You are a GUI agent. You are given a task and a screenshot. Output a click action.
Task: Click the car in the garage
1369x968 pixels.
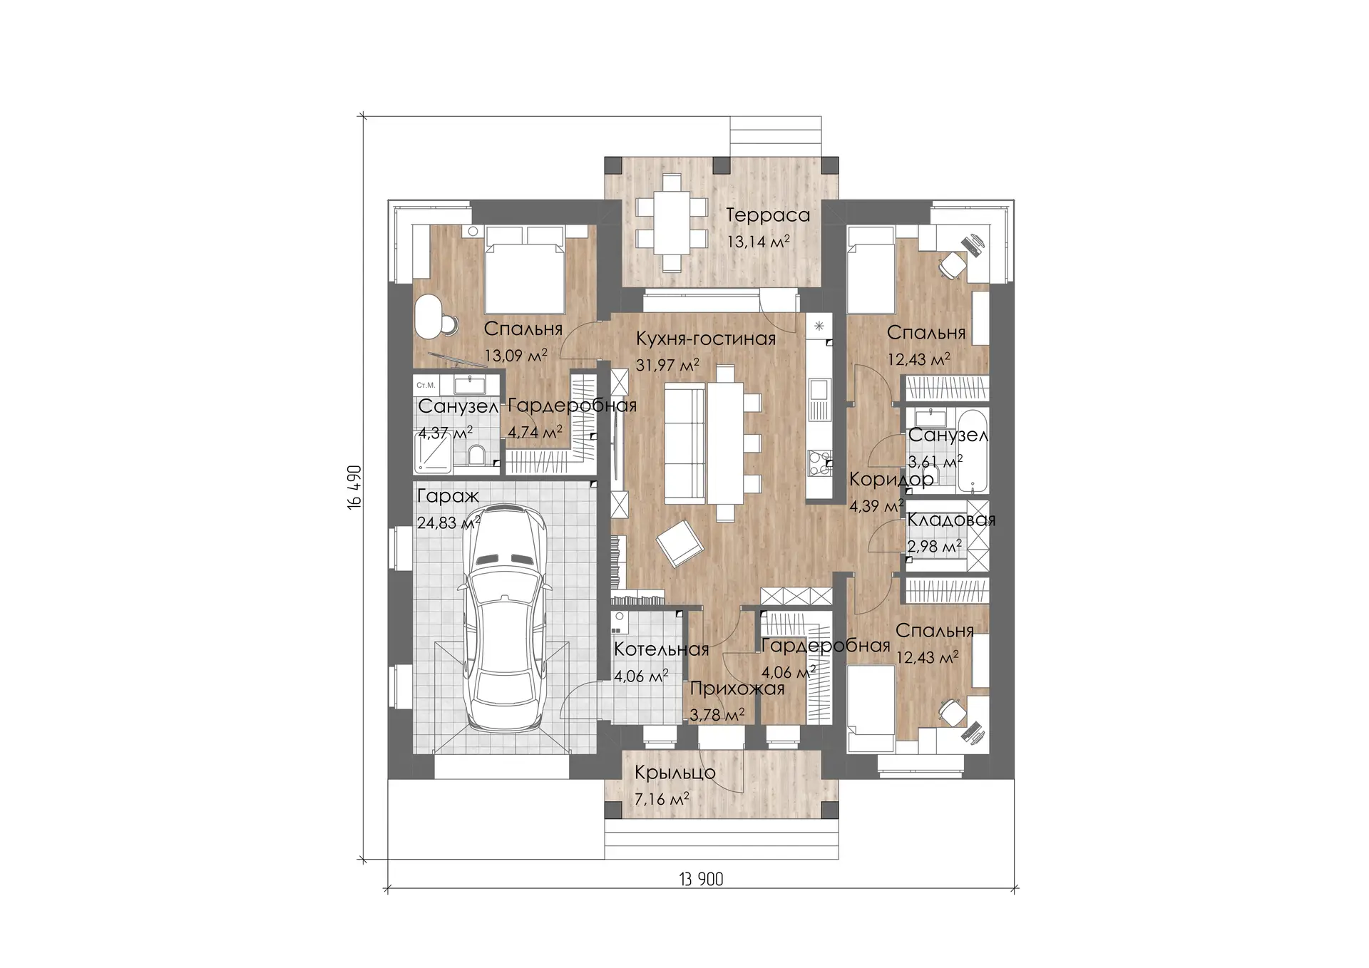tap(505, 618)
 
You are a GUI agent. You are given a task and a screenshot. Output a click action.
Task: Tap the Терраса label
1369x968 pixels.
tap(768, 215)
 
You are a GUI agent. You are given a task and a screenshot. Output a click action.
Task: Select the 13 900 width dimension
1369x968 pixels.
tap(702, 879)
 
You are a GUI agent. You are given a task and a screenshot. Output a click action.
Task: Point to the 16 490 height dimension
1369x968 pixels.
tap(355, 487)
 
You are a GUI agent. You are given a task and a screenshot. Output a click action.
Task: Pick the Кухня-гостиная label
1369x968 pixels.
tap(706, 338)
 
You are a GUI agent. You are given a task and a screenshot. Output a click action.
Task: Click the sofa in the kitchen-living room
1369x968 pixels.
tap(684, 442)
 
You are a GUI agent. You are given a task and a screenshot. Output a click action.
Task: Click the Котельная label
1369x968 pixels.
tap(661, 649)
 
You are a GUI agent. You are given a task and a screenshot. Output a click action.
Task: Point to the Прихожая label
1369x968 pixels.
tap(737, 689)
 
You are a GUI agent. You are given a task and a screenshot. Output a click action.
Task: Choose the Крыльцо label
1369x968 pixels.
tap(675, 773)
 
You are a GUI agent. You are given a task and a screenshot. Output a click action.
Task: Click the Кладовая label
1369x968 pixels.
tap(951, 520)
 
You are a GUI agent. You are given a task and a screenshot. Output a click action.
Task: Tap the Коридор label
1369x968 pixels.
tap(891, 479)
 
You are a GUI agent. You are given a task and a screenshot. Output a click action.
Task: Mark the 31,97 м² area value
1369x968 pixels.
tap(667, 365)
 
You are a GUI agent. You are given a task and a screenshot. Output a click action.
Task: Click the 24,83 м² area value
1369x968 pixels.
tap(448, 522)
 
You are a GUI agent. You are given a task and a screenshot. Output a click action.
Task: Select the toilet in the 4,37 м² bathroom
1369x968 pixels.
tap(477, 455)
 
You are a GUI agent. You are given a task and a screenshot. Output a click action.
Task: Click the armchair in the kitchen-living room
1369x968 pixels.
tap(680, 544)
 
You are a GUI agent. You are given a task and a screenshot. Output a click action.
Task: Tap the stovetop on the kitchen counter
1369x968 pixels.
tap(819, 463)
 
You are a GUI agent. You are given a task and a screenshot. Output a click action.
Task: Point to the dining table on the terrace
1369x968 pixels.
tap(671, 222)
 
